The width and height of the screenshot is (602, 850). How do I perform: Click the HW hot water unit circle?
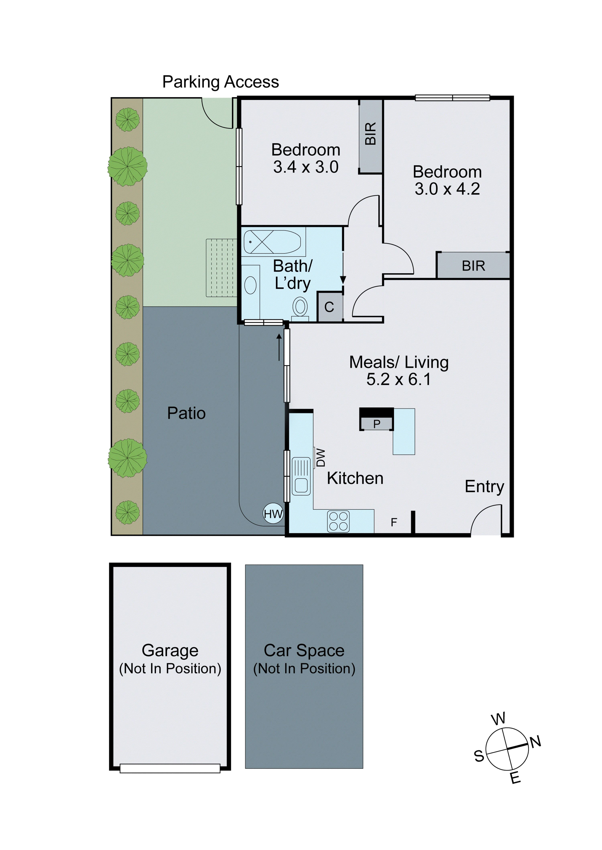click(x=273, y=514)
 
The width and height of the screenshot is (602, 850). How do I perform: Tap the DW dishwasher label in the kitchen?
click(x=320, y=458)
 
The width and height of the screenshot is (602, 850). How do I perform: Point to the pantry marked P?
click(x=377, y=424)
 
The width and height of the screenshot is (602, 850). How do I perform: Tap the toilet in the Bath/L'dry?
click(x=300, y=307)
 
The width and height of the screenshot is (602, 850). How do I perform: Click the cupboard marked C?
click(x=329, y=307)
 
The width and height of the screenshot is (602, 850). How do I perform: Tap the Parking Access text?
click(x=221, y=82)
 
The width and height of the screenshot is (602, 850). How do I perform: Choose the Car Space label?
click(x=304, y=650)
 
